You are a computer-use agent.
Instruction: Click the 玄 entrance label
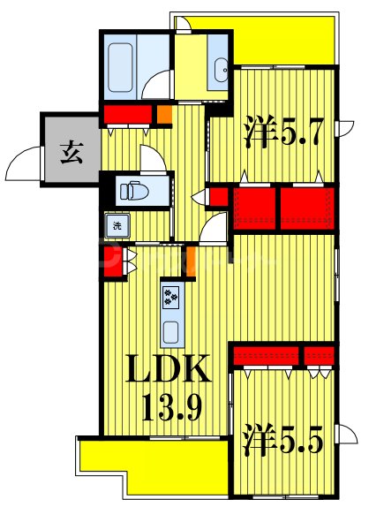(x=72, y=153)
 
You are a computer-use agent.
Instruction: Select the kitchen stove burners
(x=170, y=297)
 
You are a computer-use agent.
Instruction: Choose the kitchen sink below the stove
(x=170, y=331)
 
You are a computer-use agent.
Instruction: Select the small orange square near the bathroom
(x=165, y=113)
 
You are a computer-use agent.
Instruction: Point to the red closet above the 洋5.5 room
(x=282, y=356)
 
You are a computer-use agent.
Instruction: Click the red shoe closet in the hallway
(x=128, y=115)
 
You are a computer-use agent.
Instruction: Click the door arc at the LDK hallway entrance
(x=213, y=231)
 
